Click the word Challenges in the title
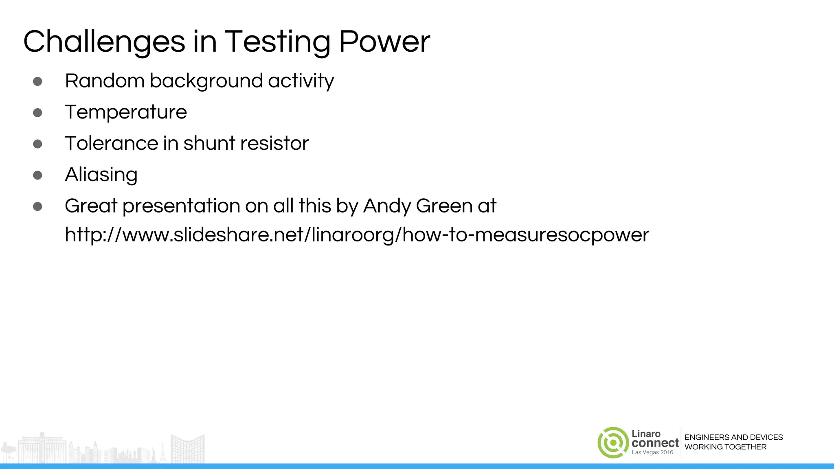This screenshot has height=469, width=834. (104, 42)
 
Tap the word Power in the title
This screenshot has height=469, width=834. (384, 42)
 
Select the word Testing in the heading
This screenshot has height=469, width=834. (277, 42)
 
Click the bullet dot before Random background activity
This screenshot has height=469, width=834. (37, 81)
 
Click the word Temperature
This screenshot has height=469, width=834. (126, 112)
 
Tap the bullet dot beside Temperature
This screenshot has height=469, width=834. (37, 112)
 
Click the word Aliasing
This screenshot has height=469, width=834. (101, 175)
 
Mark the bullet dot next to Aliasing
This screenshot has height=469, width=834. (37, 175)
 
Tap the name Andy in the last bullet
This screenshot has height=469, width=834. (387, 206)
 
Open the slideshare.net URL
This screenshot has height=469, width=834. (357, 235)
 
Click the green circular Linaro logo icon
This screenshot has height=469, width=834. (613, 443)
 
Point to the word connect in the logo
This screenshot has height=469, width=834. (655, 443)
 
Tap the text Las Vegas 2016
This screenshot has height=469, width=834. (652, 452)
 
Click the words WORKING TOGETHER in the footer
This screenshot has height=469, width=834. (725, 447)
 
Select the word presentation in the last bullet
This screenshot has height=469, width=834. (181, 206)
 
